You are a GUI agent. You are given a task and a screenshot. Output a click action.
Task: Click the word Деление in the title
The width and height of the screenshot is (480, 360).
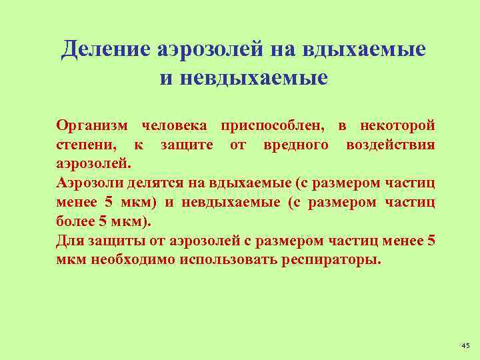[107, 50]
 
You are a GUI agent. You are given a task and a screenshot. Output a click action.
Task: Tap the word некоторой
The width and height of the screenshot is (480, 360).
[397, 126]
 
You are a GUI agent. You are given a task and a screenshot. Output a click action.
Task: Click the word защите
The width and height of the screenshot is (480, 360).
[187, 145]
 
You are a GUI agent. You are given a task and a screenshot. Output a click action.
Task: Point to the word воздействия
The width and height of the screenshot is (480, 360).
[391, 145]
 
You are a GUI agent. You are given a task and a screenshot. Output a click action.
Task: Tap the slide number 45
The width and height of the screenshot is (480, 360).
[465, 345]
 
